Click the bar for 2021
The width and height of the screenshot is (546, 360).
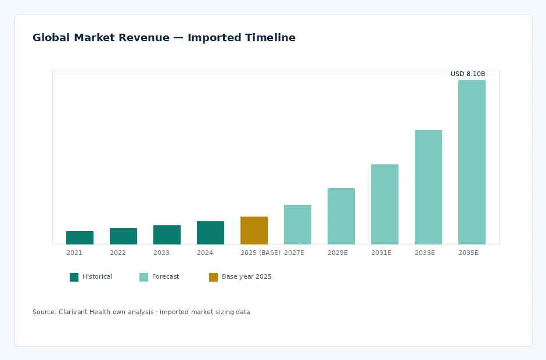coord(80,237)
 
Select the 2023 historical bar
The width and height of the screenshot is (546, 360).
coord(167,235)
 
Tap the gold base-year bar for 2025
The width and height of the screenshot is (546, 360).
coord(254,231)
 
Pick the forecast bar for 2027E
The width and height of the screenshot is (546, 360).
coord(297,225)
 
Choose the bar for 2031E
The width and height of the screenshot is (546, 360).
coord(385,204)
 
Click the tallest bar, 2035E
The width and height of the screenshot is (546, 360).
coord(472,162)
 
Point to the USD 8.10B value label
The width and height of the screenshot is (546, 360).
coord(468,74)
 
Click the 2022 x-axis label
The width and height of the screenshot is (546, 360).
coord(118,253)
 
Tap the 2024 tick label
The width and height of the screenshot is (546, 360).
coord(204,253)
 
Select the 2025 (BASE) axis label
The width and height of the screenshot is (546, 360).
coord(260,253)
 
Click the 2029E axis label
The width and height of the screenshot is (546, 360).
coord(337,253)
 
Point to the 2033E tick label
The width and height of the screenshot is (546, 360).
coord(425,253)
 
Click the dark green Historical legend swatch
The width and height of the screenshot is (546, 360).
coord(74,277)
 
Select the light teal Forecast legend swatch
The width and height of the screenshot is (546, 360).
coord(143,277)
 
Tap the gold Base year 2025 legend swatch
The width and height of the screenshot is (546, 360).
coord(213,277)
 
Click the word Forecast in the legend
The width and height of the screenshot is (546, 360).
coord(166,276)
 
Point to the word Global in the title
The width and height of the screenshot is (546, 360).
coord(51,38)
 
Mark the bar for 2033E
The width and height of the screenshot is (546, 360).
coord(428,188)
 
